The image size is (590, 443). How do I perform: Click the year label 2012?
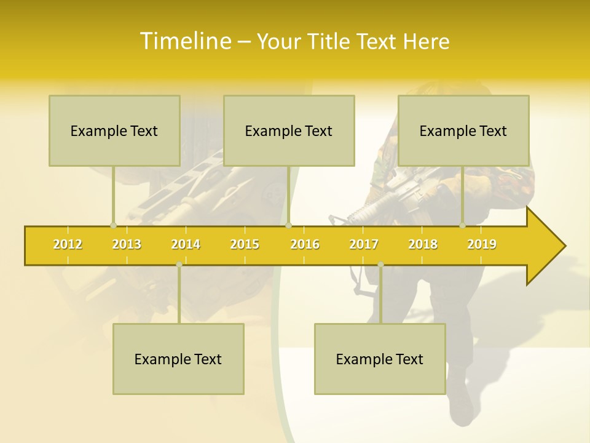click(x=68, y=244)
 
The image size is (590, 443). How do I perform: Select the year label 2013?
click(x=127, y=244)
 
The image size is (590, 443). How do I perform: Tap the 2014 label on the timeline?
click(x=186, y=244)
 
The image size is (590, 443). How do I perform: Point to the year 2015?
click(x=245, y=244)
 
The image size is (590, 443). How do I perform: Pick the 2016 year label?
click(x=305, y=244)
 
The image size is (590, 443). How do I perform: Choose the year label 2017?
click(x=364, y=244)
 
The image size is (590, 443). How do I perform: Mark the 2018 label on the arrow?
click(x=423, y=244)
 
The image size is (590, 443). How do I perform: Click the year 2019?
click(x=482, y=244)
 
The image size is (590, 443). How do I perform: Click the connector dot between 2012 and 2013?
click(x=113, y=225)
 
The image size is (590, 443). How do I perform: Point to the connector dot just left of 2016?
click(x=288, y=225)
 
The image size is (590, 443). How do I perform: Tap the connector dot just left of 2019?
click(x=463, y=225)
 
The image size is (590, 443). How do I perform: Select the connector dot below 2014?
click(x=179, y=265)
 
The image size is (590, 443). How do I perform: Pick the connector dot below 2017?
click(x=380, y=265)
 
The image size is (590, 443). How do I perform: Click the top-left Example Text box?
click(x=114, y=130)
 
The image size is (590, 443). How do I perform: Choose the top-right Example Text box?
click(x=463, y=130)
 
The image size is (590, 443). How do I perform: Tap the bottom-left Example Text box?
click(x=178, y=359)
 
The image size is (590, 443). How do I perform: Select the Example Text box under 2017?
click(x=380, y=359)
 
